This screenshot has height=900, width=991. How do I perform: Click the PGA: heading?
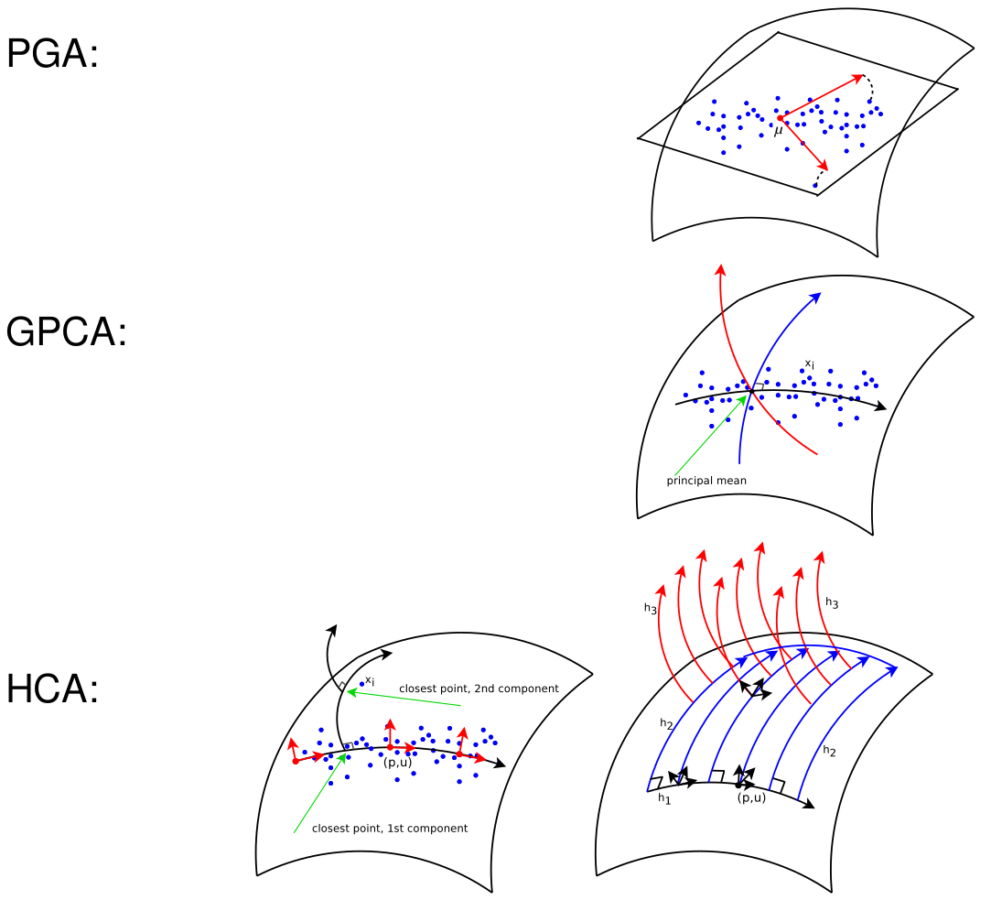[52, 55]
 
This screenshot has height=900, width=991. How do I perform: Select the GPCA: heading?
[66, 332]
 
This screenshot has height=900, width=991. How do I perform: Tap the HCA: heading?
[52, 689]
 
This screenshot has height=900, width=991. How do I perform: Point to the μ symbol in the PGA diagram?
[778, 131]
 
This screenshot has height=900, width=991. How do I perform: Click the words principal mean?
[706, 481]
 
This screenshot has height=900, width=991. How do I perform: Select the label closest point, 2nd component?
[479, 689]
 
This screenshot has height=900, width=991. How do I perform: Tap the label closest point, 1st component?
[390, 829]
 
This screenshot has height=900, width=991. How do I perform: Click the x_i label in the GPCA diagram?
[810, 364]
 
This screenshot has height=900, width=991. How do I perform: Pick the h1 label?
[664, 799]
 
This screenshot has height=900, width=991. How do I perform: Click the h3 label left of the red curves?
[651, 607]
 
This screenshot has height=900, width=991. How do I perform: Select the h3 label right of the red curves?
[832, 602]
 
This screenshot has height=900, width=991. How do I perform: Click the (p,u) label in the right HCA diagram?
[750, 797]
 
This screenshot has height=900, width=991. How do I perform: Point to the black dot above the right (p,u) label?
[738, 786]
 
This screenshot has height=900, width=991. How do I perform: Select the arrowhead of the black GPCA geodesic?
[881, 407]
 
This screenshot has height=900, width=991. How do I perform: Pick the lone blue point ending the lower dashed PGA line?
[815, 187]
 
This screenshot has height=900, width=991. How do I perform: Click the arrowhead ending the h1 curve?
[809, 805]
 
